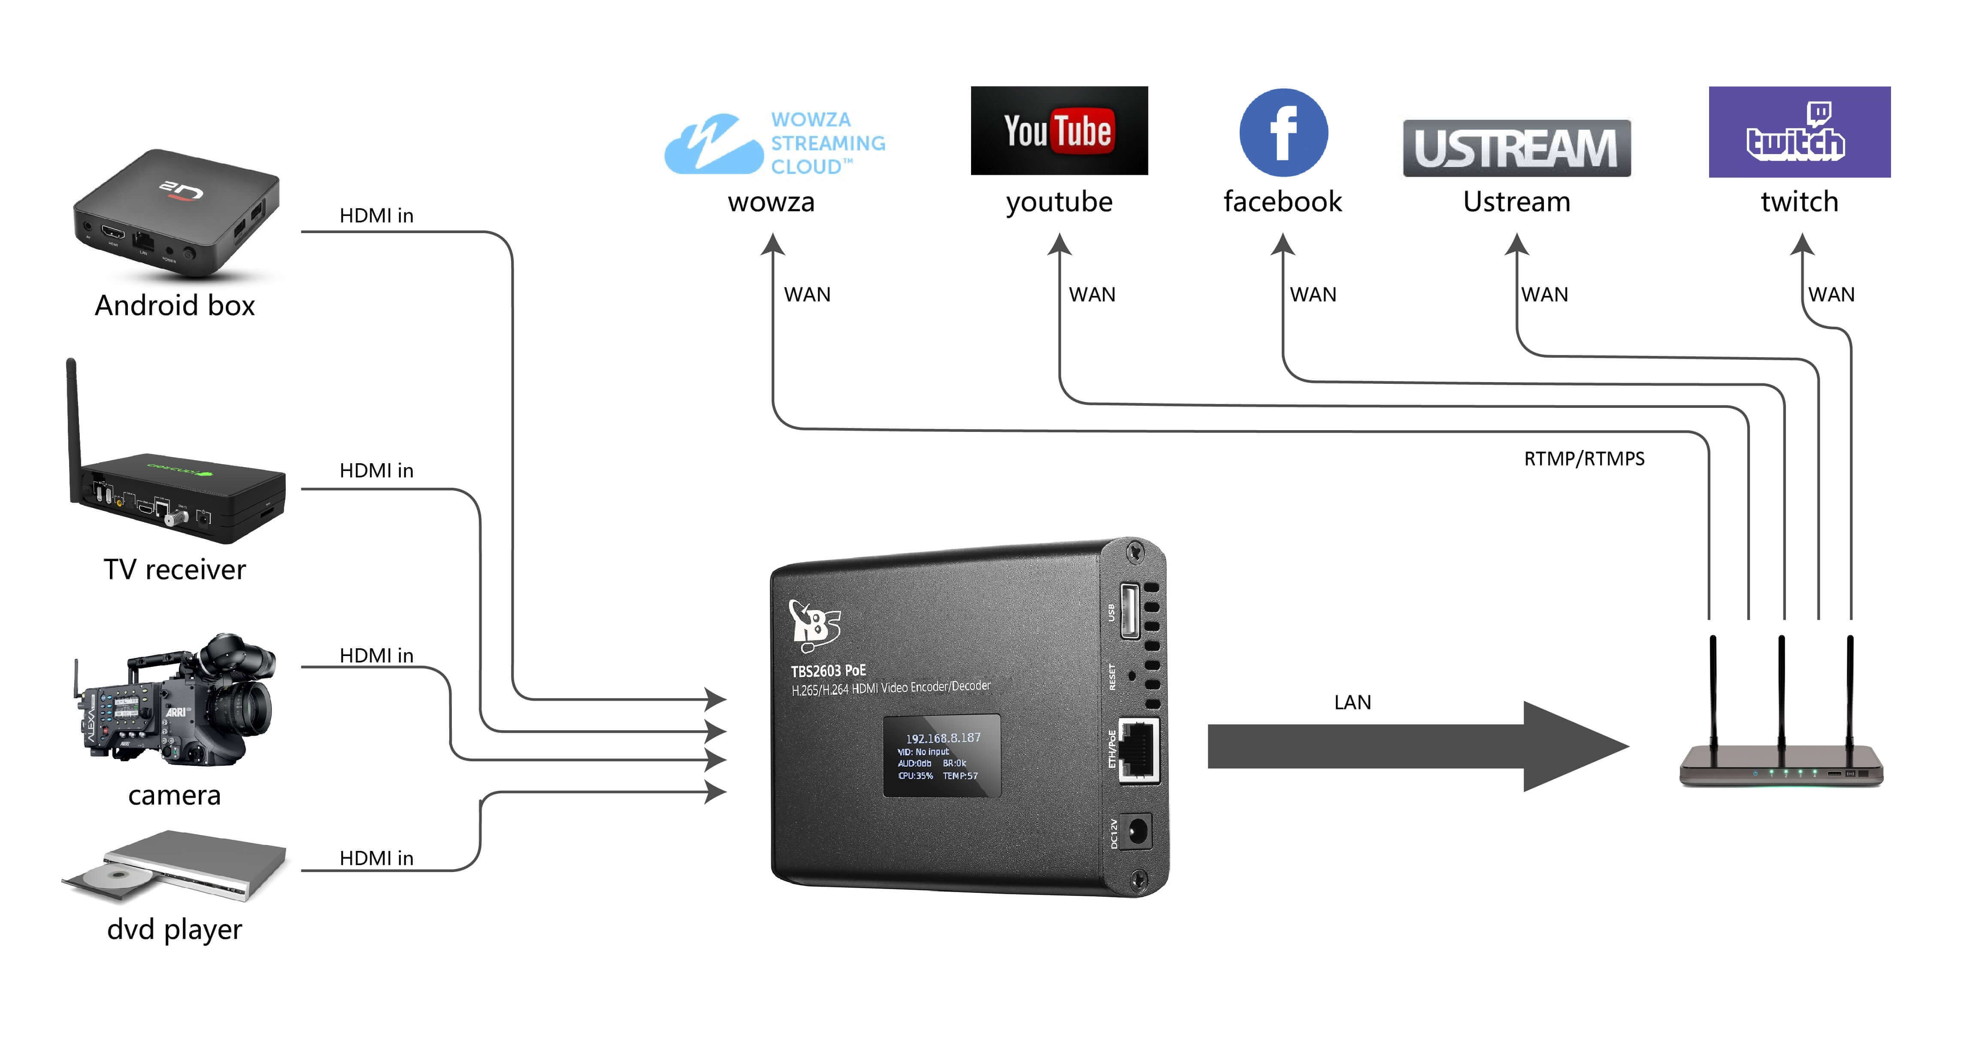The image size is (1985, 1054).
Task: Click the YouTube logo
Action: pos(1059,131)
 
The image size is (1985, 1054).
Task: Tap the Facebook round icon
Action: pos(1283,133)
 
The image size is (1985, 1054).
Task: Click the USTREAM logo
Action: pos(1516,148)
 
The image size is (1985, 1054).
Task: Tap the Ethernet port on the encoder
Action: pos(1138,750)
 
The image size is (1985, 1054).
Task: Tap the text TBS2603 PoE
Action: pos(828,670)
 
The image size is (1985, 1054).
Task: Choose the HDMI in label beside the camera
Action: pos(376,656)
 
